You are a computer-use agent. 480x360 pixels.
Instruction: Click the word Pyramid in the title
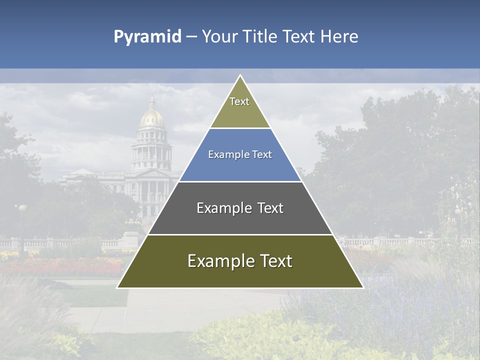point(147,37)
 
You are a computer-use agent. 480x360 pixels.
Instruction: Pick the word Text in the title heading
point(299,36)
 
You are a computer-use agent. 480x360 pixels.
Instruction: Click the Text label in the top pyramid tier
point(239,101)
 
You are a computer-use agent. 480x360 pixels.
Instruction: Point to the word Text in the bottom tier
point(275,261)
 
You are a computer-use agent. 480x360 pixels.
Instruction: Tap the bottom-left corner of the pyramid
point(117,287)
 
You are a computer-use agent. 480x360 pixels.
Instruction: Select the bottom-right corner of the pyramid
point(363,287)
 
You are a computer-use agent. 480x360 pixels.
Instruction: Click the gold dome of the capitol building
point(152,118)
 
